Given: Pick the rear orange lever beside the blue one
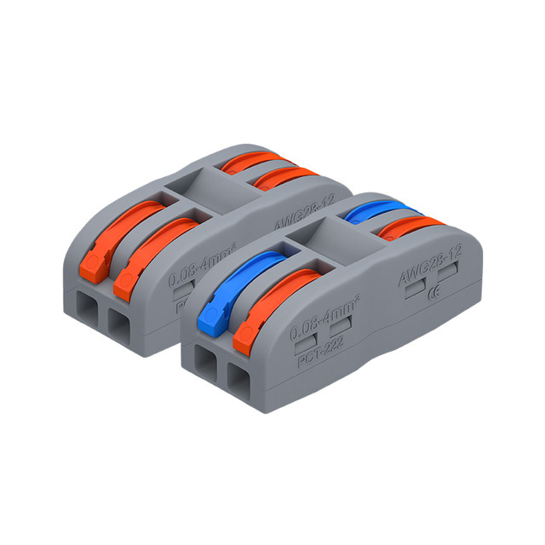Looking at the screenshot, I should (x=409, y=226).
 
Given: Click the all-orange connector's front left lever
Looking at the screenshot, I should (x=106, y=238).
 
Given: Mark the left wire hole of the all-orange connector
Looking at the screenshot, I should (x=86, y=312).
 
